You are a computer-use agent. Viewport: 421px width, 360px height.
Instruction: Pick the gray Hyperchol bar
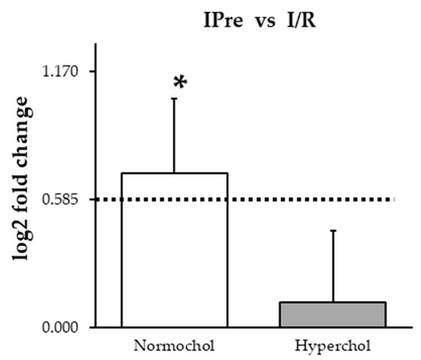332,315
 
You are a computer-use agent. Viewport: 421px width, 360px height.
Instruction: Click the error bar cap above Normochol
175,99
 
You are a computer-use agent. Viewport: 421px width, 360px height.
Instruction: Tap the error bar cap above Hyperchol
332,230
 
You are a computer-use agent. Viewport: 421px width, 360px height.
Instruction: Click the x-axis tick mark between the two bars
253,331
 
